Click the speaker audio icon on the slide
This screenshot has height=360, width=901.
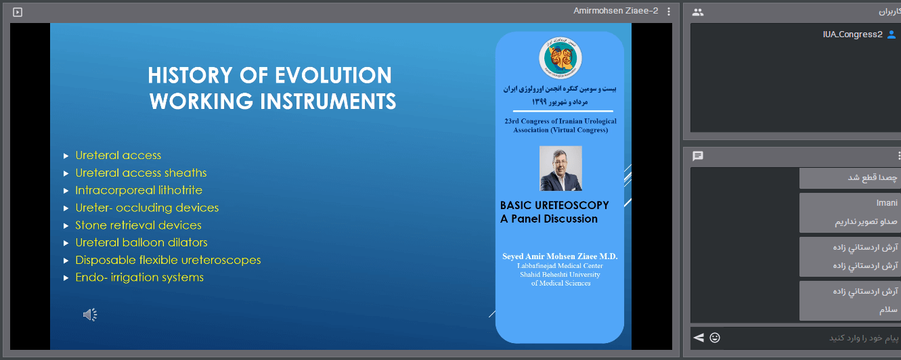click(x=90, y=315)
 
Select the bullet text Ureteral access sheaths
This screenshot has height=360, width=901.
click(x=141, y=173)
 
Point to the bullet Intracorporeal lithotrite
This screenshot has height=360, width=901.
click(x=139, y=190)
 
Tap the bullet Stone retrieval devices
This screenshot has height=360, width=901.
click(x=138, y=225)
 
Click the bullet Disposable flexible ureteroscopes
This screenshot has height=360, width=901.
click(x=168, y=261)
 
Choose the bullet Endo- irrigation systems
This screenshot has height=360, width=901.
click(x=139, y=277)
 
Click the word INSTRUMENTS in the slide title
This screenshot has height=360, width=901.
click(x=328, y=101)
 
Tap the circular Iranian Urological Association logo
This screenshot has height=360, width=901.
click(x=561, y=58)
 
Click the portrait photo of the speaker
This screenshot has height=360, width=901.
click(x=561, y=168)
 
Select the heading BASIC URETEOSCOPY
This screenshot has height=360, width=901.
click(x=554, y=205)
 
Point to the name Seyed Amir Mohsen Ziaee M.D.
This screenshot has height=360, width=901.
click(x=560, y=256)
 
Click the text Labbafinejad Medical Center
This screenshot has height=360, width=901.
click(x=560, y=266)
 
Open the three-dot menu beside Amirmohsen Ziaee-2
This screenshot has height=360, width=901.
click(x=669, y=12)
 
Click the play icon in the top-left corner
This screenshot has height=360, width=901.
click(x=18, y=12)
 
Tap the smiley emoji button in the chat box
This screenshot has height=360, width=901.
click(x=715, y=338)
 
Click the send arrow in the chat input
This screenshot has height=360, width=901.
click(x=699, y=338)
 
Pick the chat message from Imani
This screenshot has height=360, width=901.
click(x=850, y=212)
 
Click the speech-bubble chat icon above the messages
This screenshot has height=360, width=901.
click(x=698, y=156)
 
